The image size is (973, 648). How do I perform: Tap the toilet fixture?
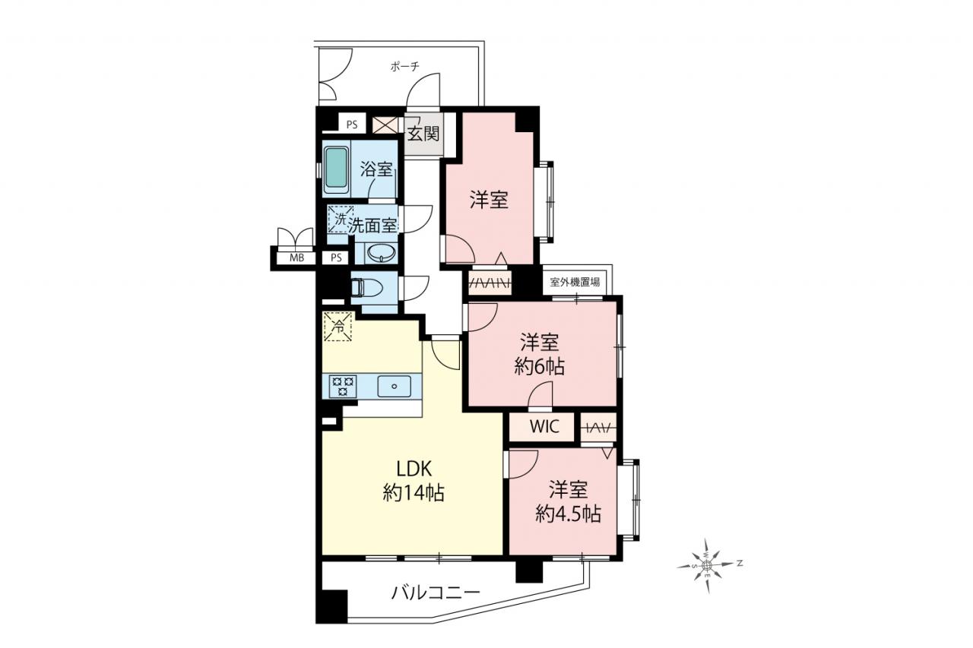(366, 287)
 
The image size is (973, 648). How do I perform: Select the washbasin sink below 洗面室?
(381, 253)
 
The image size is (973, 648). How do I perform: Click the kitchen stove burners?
(343, 386)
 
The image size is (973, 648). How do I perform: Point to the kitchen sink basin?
(394, 386)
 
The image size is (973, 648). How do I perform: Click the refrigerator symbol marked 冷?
(338, 327)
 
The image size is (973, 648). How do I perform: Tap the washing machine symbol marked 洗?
(340, 220)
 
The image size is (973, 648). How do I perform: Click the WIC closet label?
(544, 427)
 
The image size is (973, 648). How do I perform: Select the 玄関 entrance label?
(423, 134)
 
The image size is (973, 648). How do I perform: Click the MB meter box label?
(296, 258)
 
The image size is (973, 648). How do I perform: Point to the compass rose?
(707, 565)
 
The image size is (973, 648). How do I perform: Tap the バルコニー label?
(436, 593)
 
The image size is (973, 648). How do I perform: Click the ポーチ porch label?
(405, 67)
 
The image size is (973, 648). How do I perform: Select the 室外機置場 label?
(575, 282)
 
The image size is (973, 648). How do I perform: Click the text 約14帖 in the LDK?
(414, 493)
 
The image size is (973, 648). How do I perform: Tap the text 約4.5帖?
(568, 514)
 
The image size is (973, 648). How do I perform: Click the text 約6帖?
(540, 367)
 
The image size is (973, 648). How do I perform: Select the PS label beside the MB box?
(336, 258)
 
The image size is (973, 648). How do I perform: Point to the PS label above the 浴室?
(352, 125)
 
